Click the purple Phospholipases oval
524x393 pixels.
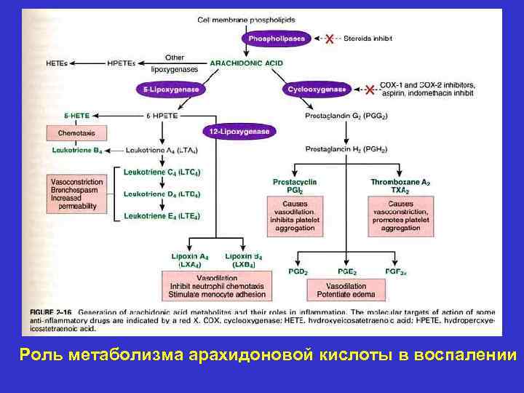277,38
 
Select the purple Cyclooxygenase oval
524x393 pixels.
317,90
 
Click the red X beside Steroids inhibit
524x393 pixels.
329,38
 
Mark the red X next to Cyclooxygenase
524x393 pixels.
370,90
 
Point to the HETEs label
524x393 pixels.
56,63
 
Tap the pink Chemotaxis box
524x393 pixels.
76,133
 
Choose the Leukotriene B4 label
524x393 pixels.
76,151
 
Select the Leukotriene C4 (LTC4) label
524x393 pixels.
162,172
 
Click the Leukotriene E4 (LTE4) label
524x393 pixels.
162,216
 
